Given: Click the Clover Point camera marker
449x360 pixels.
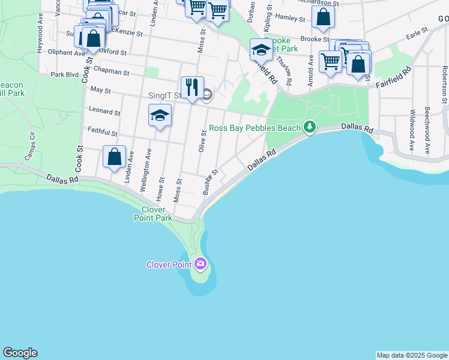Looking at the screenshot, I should point(200,263).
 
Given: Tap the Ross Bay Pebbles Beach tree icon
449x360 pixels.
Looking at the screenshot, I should point(309,127).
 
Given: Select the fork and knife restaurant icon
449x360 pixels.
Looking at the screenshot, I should point(192,87).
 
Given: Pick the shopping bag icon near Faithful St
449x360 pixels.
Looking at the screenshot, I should point(114,157).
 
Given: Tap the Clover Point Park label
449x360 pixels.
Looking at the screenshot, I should point(153,214).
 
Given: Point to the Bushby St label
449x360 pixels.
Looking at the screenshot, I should point(209,182).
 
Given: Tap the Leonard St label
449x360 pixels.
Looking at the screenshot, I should point(104,111).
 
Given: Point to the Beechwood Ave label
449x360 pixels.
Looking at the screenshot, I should point(427,131).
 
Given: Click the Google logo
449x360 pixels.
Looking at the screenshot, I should point(20,353).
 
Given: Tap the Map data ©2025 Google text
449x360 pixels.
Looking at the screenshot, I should point(411,355).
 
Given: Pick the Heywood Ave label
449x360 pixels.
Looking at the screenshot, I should point(40,40).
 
